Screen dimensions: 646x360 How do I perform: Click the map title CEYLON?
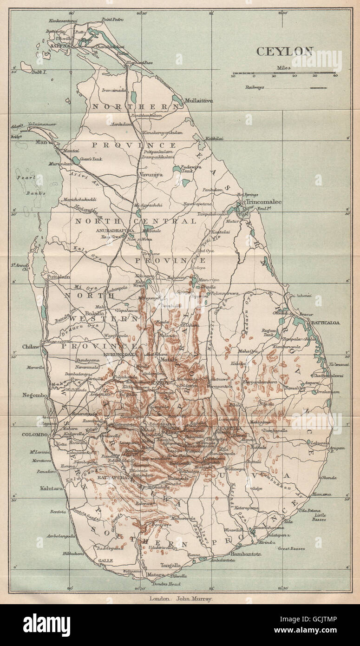285,51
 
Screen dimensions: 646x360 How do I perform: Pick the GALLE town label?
105,560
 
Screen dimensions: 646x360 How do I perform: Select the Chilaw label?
32,347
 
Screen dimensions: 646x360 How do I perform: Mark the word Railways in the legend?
254,87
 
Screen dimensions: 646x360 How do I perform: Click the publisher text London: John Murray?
181,599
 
